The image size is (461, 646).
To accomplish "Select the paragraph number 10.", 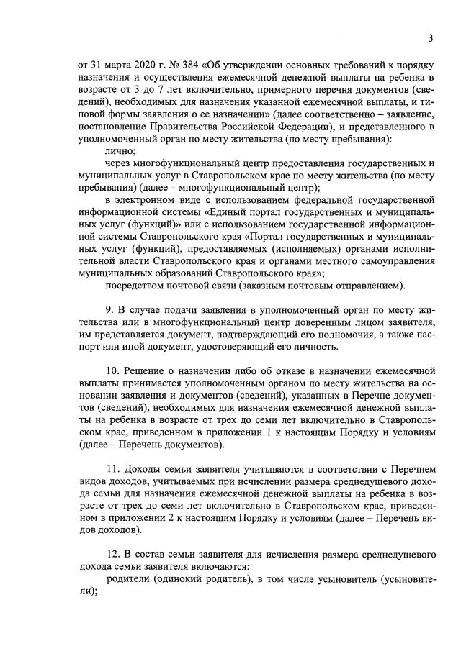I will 112,370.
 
